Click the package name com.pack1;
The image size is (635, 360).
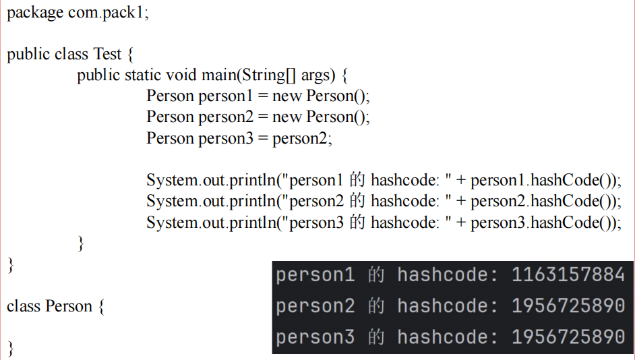[x=109, y=13]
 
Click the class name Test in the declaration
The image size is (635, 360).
[x=108, y=54]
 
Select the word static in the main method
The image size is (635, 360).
[x=143, y=75]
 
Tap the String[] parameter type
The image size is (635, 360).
[x=270, y=75]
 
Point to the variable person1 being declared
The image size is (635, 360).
[x=225, y=96]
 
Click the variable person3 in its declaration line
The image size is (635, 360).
[x=225, y=138]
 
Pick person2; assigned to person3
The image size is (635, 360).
[x=303, y=138]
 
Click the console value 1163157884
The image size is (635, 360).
[x=568, y=275]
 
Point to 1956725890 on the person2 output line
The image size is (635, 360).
[x=568, y=306]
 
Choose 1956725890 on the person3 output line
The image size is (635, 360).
[x=568, y=337]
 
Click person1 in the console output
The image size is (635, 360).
[x=315, y=275]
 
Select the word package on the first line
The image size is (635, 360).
[x=35, y=13]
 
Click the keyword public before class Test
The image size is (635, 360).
[x=28, y=54]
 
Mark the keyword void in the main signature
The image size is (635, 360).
[x=181, y=75]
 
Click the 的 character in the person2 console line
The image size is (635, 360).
[x=375, y=306]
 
